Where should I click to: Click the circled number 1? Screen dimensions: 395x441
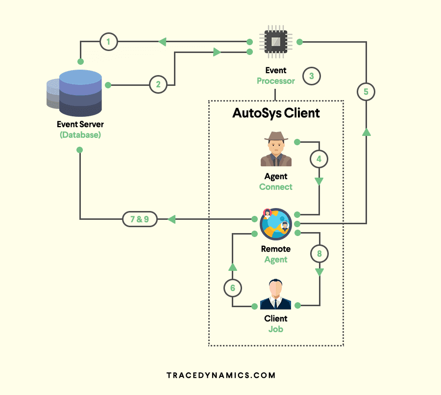tap(109, 42)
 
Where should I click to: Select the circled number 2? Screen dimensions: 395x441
tap(158, 84)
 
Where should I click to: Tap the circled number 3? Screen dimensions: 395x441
tap(312, 76)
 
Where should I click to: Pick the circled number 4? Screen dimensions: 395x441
tap(319, 159)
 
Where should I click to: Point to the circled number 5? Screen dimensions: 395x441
tap(366, 92)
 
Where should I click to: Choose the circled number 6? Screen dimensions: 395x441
tap(233, 289)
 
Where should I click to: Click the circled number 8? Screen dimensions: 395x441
tap(319, 254)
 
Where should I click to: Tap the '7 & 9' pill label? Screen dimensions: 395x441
tap(140, 219)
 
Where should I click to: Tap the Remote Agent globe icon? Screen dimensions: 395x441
tap(276, 224)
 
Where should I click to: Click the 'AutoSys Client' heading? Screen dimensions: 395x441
tap(276, 113)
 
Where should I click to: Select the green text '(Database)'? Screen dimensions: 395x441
tap(80, 134)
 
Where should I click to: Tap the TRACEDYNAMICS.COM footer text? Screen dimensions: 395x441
tap(221, 375)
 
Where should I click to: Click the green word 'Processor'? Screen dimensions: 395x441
tap(276, 81)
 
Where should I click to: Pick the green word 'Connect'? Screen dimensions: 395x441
tap(276, 187)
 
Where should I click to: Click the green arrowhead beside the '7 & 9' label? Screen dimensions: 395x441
tap(171, 219)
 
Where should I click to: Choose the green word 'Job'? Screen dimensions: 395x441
tap(276, 329)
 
